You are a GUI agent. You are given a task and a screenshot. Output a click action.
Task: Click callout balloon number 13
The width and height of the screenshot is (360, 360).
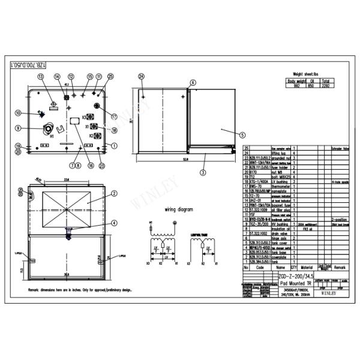[41, 77]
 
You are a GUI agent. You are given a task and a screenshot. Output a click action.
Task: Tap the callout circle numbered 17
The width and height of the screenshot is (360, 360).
[114, 116]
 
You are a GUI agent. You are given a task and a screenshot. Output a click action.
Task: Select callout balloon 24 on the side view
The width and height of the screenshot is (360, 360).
[142, 77]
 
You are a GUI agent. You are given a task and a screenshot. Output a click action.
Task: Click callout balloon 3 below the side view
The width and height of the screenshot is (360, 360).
[203, 172]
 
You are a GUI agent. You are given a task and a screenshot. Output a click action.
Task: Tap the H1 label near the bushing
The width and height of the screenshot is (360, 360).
[52, 136]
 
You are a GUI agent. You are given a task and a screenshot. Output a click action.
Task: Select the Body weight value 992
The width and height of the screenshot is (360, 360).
[296, 85]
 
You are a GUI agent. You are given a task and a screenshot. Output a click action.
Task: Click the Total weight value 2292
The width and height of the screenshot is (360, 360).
[325, 85]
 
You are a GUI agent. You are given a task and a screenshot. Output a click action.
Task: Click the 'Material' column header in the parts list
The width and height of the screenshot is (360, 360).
[307, 268]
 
